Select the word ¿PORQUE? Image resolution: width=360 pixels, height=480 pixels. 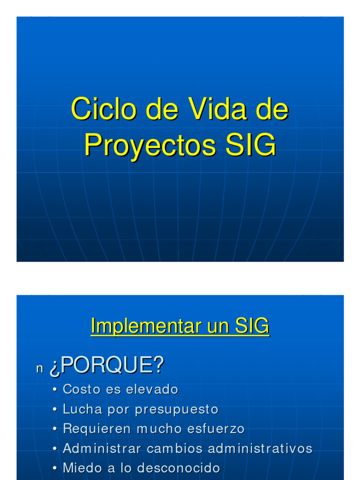[x=106, y=366]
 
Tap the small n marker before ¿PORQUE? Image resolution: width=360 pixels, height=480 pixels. [x=39, y=369]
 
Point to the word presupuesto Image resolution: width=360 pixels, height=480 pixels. [x=177, y=410]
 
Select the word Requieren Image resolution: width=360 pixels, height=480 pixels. [x=97, y=429]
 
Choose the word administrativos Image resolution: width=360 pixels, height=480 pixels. [x=260, y=449]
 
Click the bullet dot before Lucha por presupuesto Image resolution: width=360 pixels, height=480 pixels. [x=55, y=410]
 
